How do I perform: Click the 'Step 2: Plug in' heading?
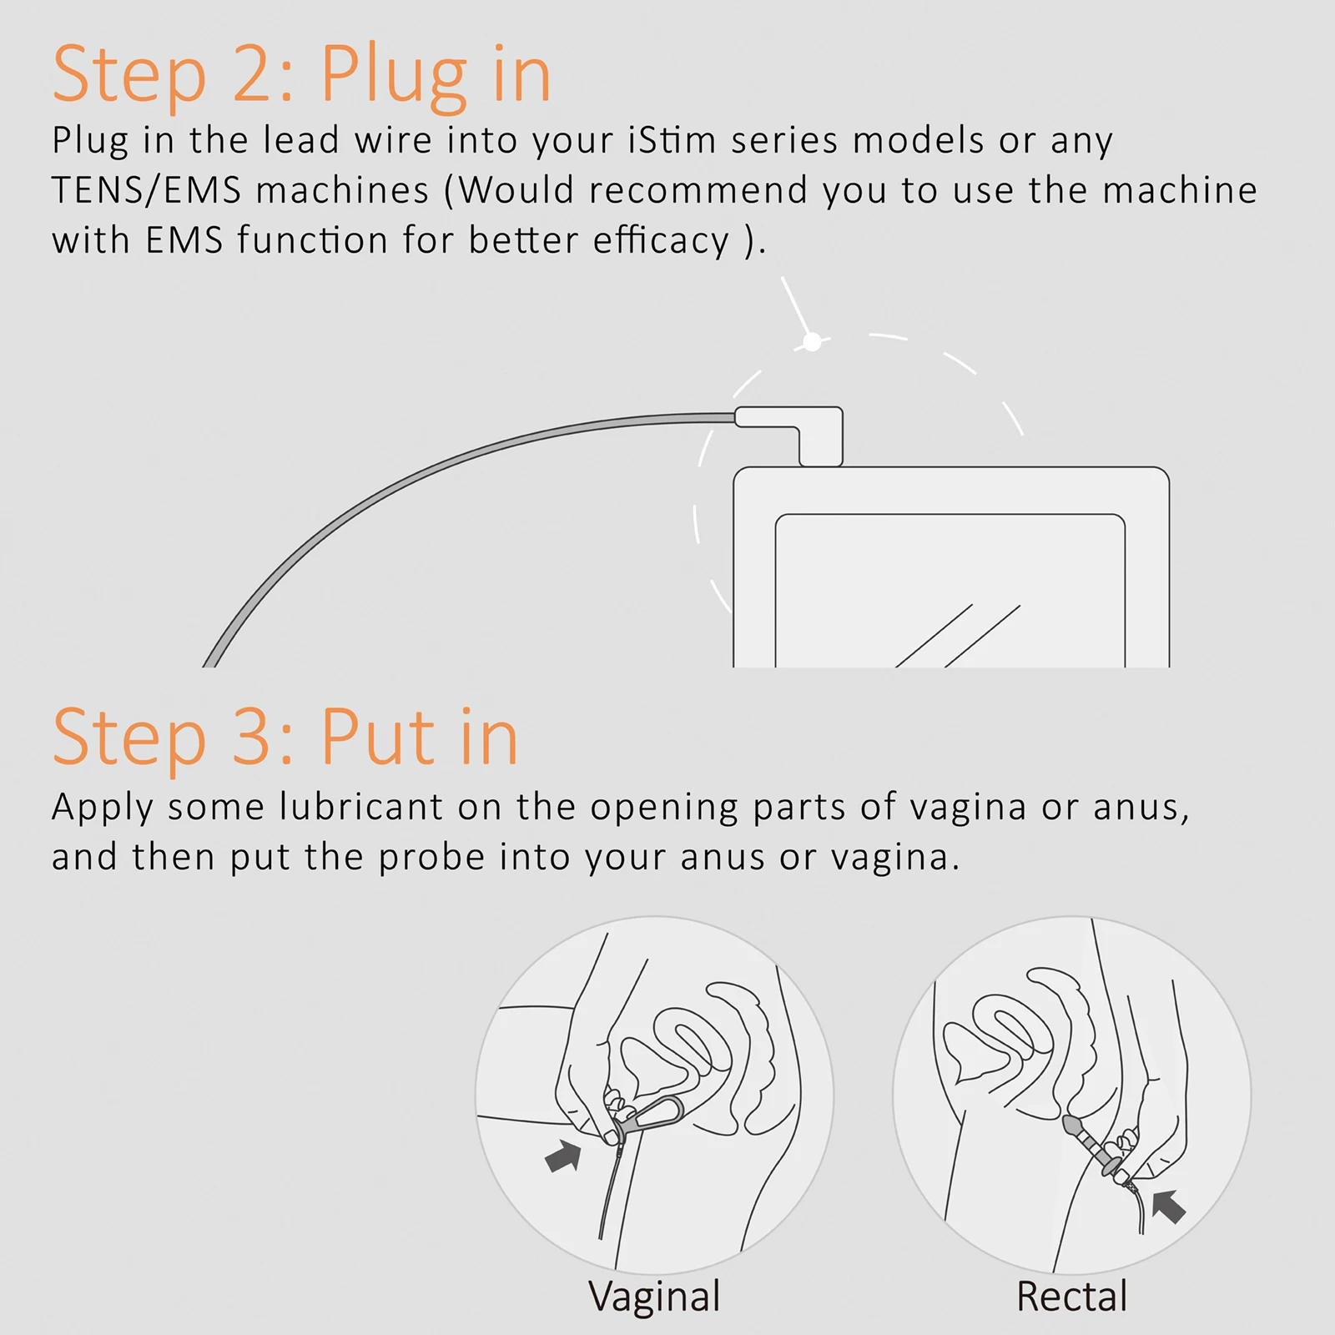302,75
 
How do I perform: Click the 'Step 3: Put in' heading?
285,737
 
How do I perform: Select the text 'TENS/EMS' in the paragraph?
146,191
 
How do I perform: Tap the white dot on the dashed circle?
812,341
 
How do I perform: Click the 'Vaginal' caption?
654,1297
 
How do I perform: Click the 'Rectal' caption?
1071,1297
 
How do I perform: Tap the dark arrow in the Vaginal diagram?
563,1156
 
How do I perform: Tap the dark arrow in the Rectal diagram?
1169,1206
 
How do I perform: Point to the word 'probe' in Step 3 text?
431,858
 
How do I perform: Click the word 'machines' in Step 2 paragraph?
342,191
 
